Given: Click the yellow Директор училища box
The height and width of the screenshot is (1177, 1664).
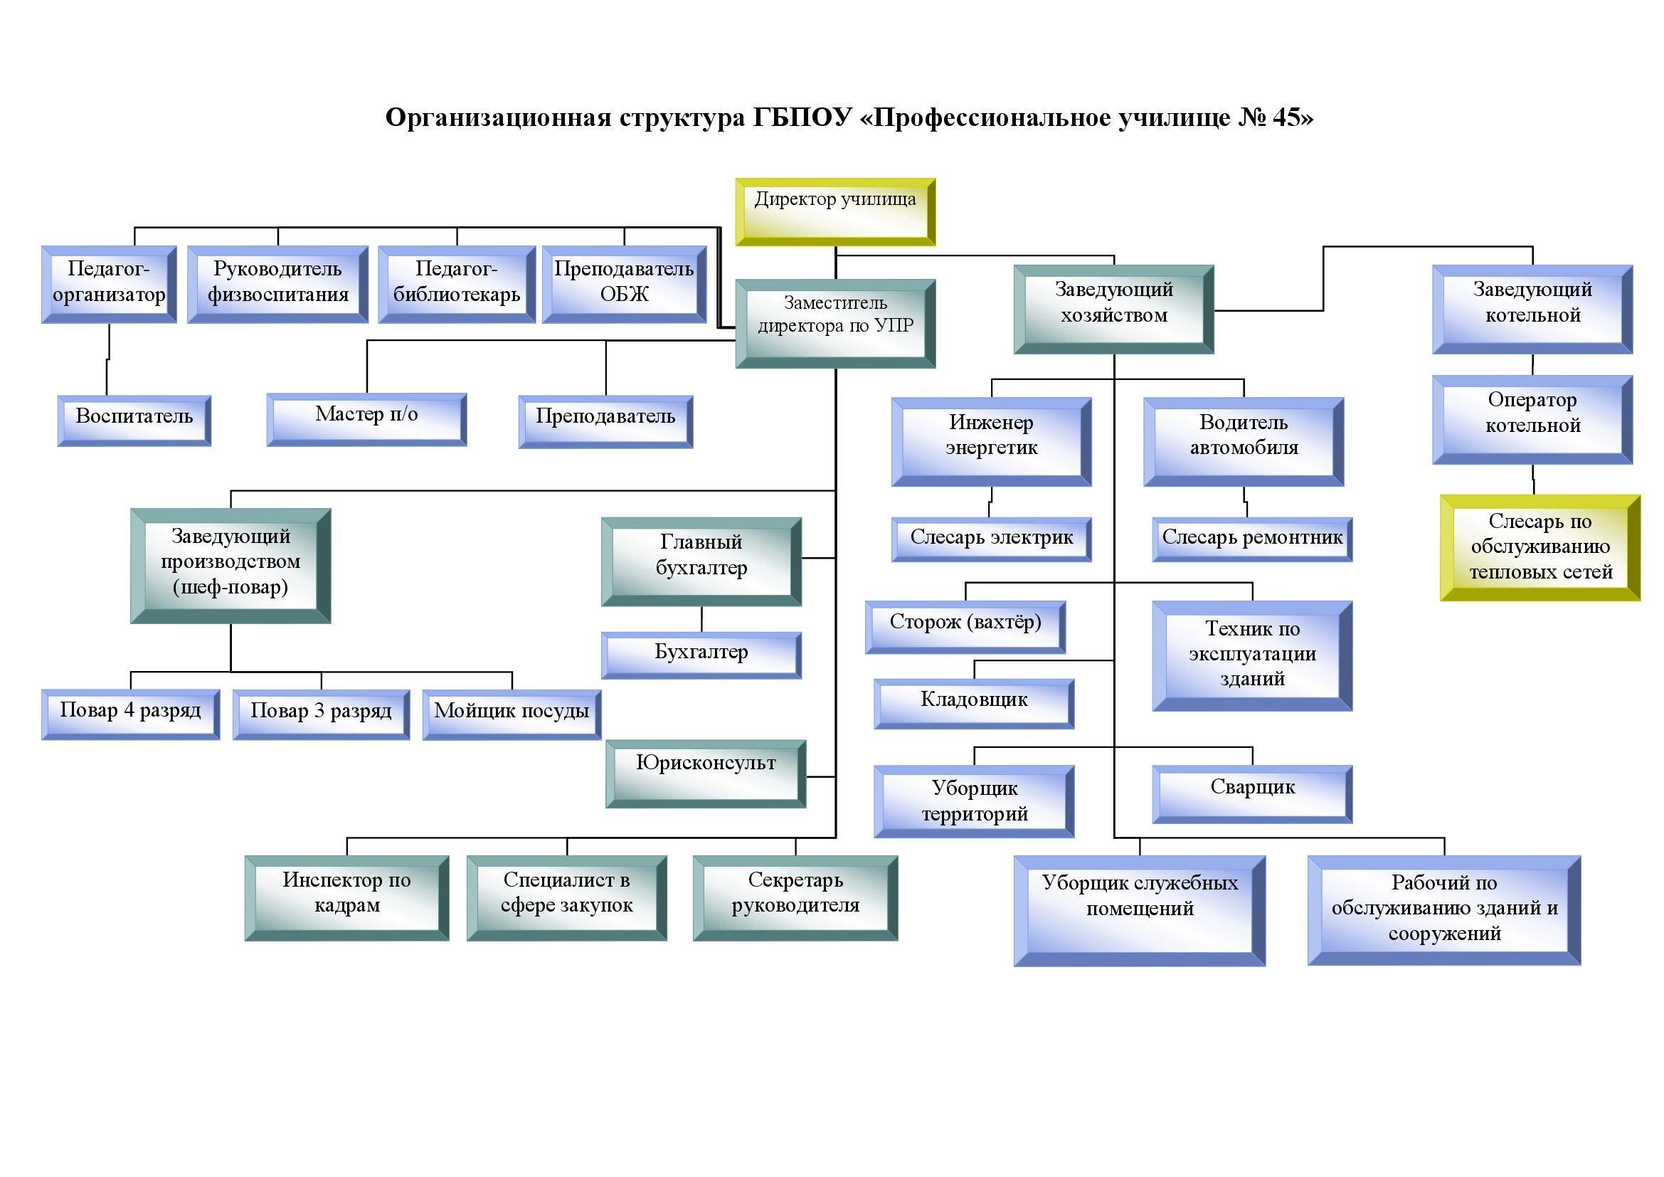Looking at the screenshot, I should click(x=835, y=211).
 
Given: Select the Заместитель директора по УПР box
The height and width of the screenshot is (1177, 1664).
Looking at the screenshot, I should click(x=835, y=323).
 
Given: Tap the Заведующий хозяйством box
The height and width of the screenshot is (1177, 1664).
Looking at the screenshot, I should click(x=1113, y=310).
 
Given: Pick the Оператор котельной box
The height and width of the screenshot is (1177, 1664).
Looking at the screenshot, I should click(x=1532, y=420).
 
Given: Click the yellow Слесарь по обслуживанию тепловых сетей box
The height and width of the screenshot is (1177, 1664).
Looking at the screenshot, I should click(x=1540, y=547).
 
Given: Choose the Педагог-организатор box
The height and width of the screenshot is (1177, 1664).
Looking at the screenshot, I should click(x=109, y=284).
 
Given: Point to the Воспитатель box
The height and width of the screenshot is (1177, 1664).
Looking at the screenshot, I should click(x=134, y=421).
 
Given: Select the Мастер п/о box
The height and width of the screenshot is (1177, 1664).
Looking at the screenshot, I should click(x=366, y=419).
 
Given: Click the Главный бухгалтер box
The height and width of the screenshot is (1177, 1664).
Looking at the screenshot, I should click(x=701, y=561).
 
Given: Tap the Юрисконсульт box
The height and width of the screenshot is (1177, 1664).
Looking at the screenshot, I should click(x=705, y=773).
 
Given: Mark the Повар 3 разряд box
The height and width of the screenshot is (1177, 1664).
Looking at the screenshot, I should click(x=321, y=714).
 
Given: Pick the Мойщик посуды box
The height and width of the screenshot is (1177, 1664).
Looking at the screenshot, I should click(x=511, y=714).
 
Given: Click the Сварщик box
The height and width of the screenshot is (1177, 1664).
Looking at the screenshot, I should click(x=1251, y=793).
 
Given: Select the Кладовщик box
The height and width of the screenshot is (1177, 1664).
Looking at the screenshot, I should click(x=973, y=703).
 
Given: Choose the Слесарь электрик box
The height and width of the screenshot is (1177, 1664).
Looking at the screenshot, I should click(x=991, y=539).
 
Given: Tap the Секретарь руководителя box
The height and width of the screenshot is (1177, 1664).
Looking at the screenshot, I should click(x=795, y=897).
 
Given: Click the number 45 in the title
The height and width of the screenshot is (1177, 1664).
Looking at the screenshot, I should click(x=1286, y=117).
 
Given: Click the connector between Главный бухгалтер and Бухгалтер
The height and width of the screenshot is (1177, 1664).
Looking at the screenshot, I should click(x=701, y=619).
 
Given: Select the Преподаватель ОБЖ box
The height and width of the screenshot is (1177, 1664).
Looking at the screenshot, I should click(x=623, y=284).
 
